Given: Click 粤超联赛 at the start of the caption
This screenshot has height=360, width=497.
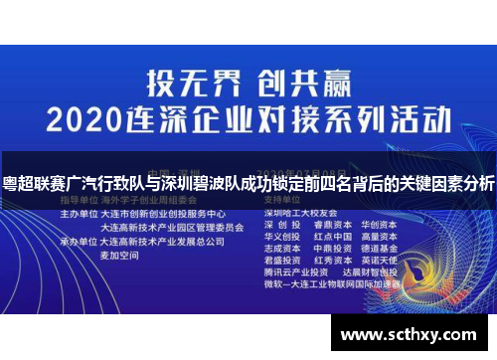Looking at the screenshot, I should click(x=31, y=185).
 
